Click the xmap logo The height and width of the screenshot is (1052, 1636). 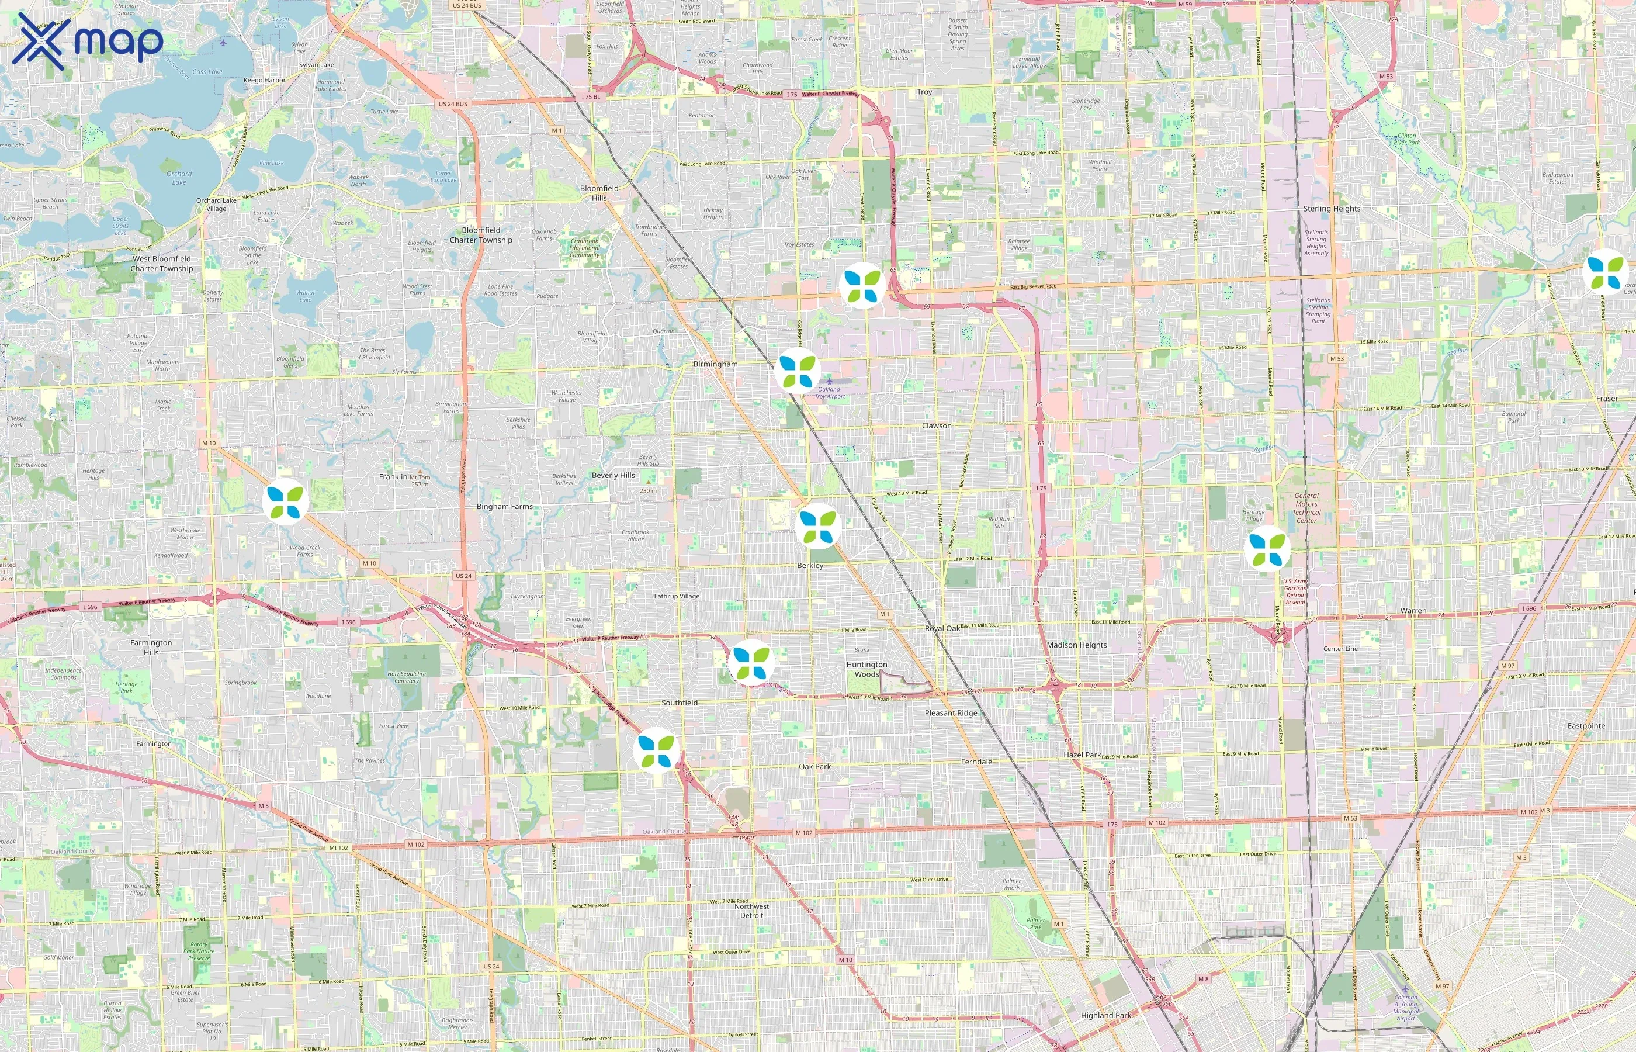click(88, 41)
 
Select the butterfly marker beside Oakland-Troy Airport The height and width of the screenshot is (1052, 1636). click(798, 371)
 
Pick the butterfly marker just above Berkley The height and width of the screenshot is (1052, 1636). click(817, 526)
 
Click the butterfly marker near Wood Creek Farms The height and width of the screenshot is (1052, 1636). click(285, 501)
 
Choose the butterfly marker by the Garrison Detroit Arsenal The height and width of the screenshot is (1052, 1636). click(1267, 549)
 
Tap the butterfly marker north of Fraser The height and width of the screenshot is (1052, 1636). click(1604, 272)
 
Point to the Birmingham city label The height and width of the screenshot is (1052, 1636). click(715, 364)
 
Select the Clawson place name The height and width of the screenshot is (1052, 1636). click(936, 425)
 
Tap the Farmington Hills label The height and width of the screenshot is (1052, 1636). click(151, 647)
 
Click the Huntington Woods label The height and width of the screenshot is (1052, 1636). click(866, 669)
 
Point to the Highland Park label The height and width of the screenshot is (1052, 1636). click(1105, 1015)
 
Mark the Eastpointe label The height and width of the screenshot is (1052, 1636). click(1586, 726)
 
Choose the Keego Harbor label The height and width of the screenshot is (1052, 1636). click(264, 81)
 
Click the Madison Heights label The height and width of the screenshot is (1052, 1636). click(1077, 645)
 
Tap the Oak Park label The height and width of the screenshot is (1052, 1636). click(814, 766)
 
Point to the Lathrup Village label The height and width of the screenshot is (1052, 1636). click(676, 596)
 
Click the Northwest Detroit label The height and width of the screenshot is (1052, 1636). click(752, 911)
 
